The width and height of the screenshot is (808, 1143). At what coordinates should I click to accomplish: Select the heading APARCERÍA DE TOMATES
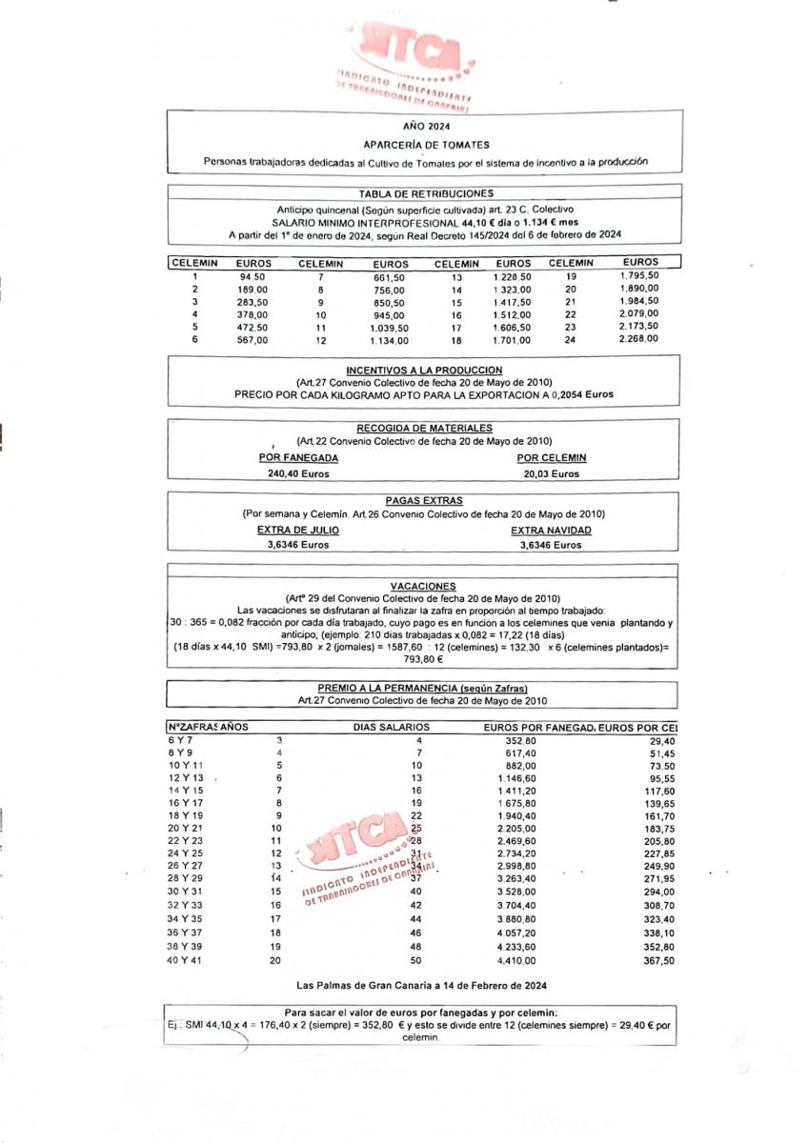[426, 145]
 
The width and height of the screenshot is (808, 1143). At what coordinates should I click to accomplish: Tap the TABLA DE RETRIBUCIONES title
[425, 192]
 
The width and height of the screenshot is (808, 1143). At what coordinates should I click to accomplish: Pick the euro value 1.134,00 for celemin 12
[391, 340]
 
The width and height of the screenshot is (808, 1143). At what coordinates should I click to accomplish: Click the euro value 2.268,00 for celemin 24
[637, 338]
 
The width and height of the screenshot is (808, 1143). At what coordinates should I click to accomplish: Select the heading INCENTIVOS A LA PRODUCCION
[424, 370]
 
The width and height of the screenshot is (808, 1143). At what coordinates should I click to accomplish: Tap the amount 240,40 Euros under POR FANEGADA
[298, 473]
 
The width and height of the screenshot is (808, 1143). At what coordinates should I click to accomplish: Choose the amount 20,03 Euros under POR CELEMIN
[551, 473]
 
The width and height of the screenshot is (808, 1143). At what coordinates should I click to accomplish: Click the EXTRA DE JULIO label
[297, 530]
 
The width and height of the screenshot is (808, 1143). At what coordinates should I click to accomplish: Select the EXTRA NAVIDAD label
[551, 530]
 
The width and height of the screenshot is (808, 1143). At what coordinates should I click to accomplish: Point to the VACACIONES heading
[424, 586]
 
